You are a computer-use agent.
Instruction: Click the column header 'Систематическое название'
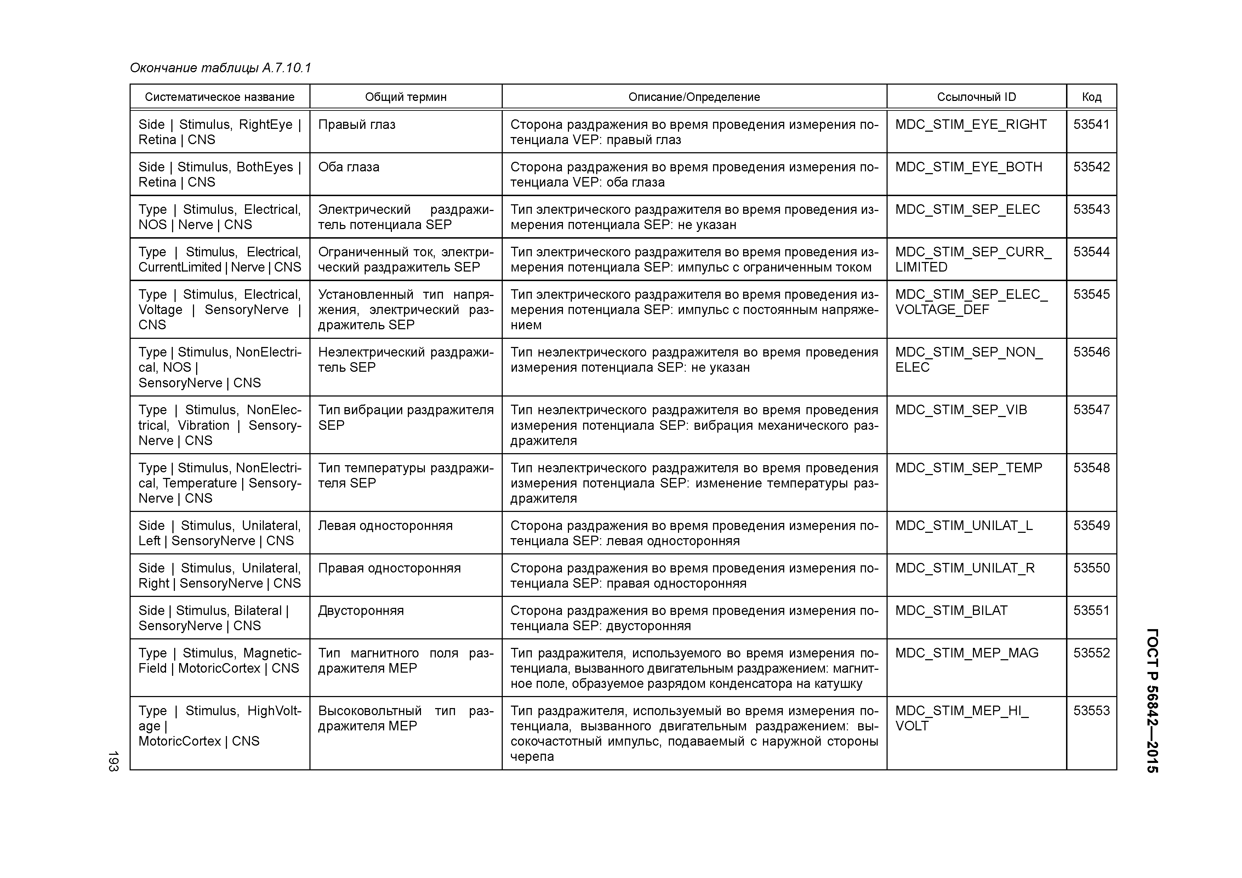click(x=220, y=97)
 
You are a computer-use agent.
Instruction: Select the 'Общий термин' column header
click(x=406, y=97)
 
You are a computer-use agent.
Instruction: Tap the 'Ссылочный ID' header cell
click(x=976, y=97)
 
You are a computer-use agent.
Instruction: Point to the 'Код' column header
click(x=1091, y=97)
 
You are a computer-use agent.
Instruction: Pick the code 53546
click(x=1091, y=352)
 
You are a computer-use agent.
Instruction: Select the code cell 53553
click(x=1091, y=711)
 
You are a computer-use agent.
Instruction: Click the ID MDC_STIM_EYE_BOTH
click(x=968, y=167)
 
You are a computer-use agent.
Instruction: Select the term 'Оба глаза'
click(x=348, y=167)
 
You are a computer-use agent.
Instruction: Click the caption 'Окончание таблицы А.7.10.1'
click(x=221, y=68)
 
